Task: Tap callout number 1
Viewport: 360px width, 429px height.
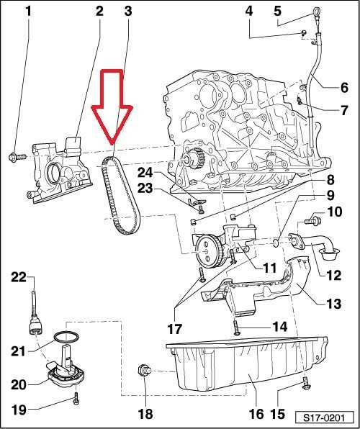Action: point(29,11)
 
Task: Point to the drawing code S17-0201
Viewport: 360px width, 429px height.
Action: point(323,416)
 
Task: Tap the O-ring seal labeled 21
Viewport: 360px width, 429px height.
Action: point(65,335)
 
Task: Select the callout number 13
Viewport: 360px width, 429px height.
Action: point(331,304)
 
